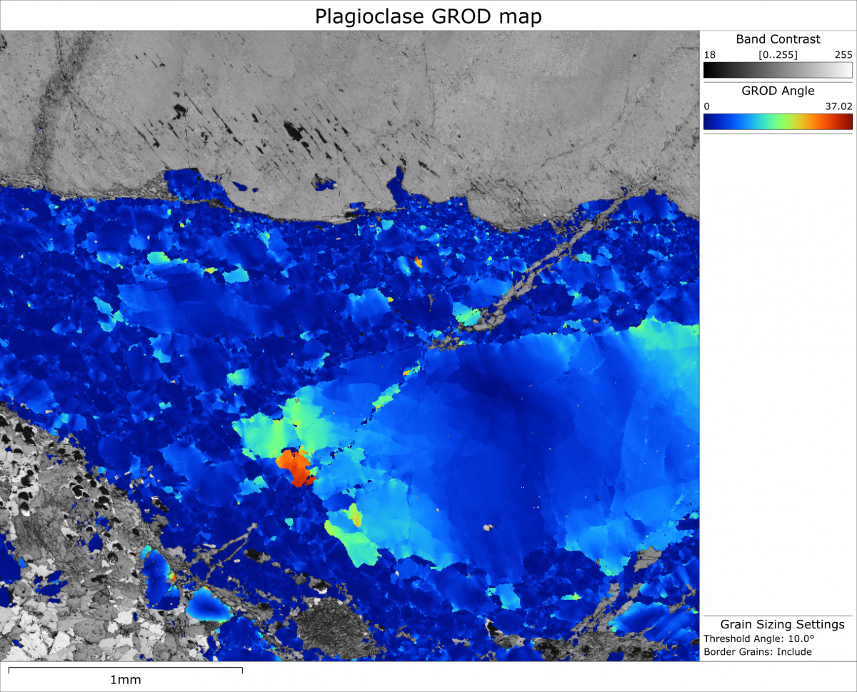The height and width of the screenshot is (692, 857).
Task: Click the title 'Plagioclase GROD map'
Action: pyautogui.click(x=428, y=16)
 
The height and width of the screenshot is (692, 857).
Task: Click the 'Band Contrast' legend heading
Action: pyautogui.click(x=778, y=39)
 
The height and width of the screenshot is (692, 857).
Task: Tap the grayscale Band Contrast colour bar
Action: pyautogui.click(x=778, y=70)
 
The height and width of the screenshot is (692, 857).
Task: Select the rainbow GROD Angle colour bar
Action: pyautogui.click(x=778, y=121)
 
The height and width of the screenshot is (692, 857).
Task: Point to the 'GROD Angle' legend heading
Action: pyautogui.click(x=778, y=91)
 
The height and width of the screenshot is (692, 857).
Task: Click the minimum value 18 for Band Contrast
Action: pyautogui.click(x=709, y=54)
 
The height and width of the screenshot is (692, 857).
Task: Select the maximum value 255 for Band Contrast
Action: pyautogui.click(x=843, y=54)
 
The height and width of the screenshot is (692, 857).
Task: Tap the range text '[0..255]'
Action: pyautogui.click(x=778, y=54)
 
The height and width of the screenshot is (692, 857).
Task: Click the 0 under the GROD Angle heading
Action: pyautogui.click(x=707, y=106)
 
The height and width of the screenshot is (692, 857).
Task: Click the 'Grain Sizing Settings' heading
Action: pyautogui.click(x=782, y=624)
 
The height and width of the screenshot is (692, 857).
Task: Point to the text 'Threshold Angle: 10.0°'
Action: pyautogui.click(x=760, y=638)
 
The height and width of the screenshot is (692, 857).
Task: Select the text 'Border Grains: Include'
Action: pyautogui.click(x=757, y=651)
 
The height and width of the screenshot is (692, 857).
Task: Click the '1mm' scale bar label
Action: pyautogui.click(x=126, y=679)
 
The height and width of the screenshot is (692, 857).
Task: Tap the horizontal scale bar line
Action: pyautogui.click(x=126, y=668)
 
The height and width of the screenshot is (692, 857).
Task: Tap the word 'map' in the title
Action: pyautogui.click(x=522, y=16)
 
